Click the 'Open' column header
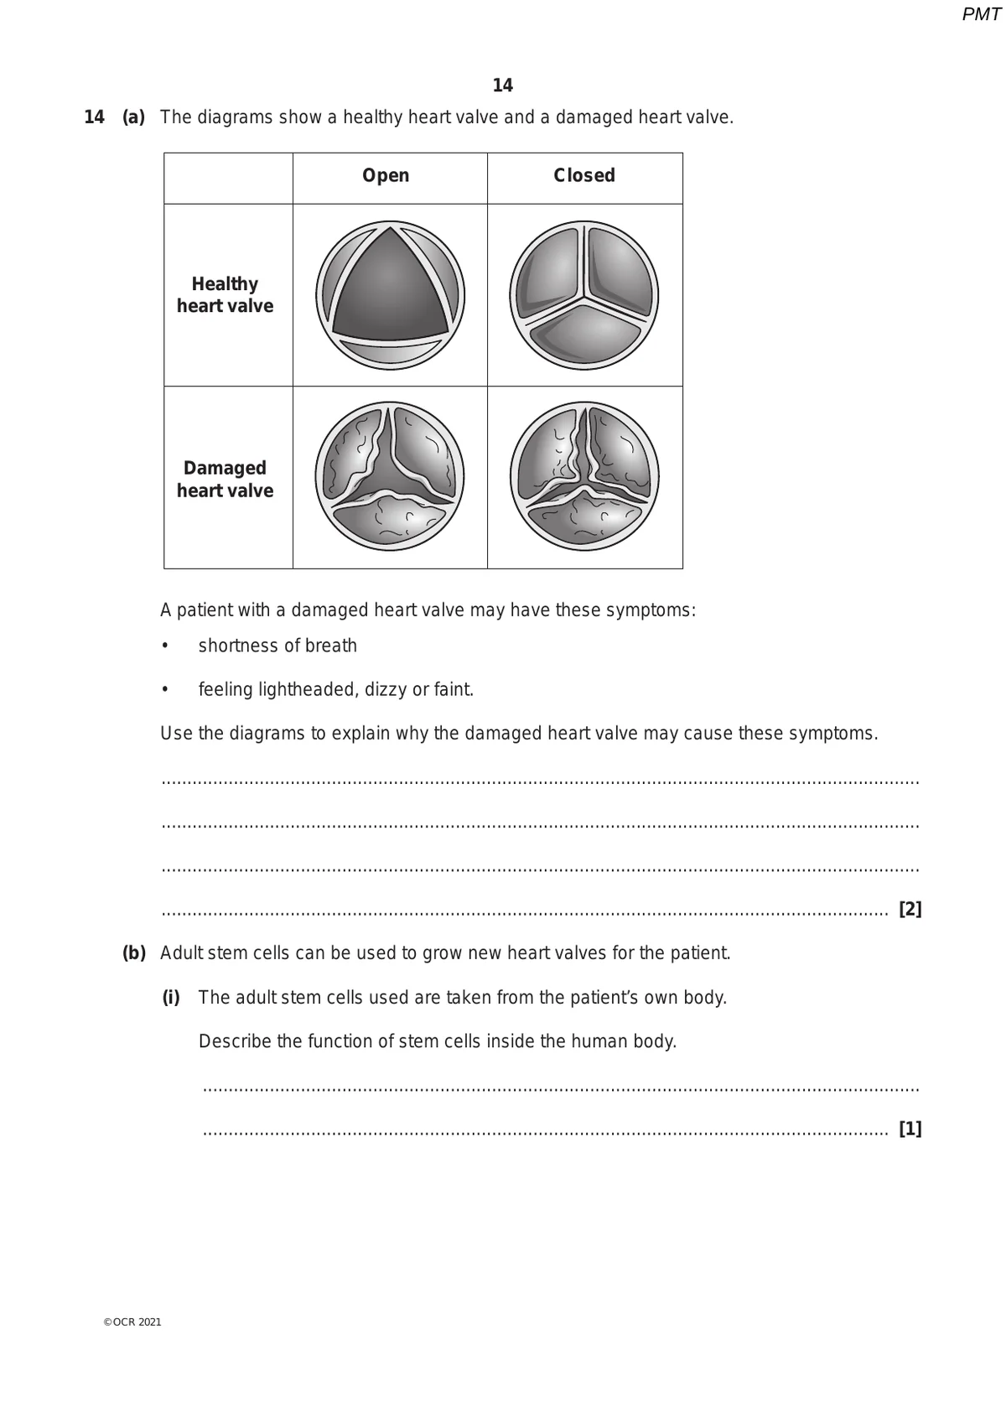coord(386,176)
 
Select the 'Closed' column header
coord(584,176)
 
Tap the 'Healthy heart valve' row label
coord(225,295)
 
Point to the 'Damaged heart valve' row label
coord(225,479)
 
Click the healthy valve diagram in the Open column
coord(390,295)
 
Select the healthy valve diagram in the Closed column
coord(584,295)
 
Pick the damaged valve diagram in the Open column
coord(390,476)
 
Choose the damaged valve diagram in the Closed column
coord(584,476)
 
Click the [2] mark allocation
coord(910,910)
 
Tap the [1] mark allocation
coord(910,1129)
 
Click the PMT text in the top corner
coord(981,14)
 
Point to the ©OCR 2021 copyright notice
coord(132,1322)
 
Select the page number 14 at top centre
coord(503,86)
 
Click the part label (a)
coord(134,117)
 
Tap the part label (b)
coord(134,953)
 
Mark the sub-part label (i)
coord(171,998)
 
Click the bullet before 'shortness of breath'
coord(165,646)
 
